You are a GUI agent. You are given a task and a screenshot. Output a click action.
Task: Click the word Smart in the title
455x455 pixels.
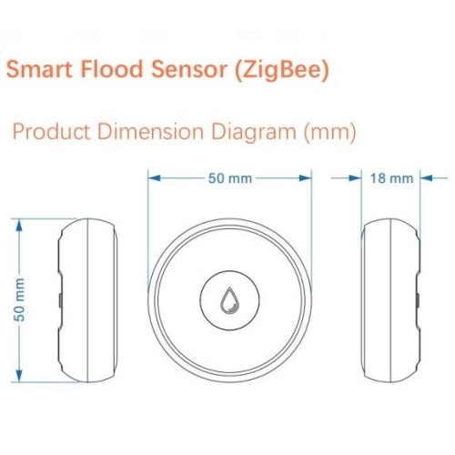(x=39, y=69)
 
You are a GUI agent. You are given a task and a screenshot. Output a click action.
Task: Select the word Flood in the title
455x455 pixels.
(x=112, y=68)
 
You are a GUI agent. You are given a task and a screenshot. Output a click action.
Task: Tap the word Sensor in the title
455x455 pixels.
(x=189, y=69)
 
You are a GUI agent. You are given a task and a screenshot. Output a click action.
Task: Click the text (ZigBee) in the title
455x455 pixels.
(x=282, y=70)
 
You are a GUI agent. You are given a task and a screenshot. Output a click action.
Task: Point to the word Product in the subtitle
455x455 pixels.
(x=52, y=132)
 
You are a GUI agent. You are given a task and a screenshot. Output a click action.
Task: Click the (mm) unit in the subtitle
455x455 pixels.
(x=330, y=133)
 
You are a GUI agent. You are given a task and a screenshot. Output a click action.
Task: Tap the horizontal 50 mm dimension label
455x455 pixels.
(x=230, y=178)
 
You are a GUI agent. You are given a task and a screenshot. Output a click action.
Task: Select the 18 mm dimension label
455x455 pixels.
(x=391, y=178)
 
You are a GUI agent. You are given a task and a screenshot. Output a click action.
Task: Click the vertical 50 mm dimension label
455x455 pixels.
(x=19, y=299)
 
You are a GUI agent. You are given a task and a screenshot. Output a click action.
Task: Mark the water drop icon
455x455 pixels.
(x=229, y=299)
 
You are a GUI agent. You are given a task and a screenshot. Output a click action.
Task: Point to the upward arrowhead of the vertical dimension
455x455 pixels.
(x=19, y=226)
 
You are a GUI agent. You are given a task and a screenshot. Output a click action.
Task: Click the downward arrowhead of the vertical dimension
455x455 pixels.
(x=19, y=375)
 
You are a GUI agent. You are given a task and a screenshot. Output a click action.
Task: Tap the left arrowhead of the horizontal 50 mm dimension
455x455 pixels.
(x=155, y=178)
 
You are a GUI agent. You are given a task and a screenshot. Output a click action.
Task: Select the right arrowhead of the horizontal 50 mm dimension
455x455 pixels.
(x=305, y=178)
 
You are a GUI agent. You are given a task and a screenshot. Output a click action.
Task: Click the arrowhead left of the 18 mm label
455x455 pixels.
(x=355, y=178)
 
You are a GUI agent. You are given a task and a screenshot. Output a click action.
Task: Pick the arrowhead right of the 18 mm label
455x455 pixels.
(x=426, y=178)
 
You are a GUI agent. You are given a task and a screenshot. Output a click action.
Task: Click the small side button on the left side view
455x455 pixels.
(x=60, y=300)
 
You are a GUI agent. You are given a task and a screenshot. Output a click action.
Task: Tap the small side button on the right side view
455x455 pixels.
(x=418, y=300)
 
